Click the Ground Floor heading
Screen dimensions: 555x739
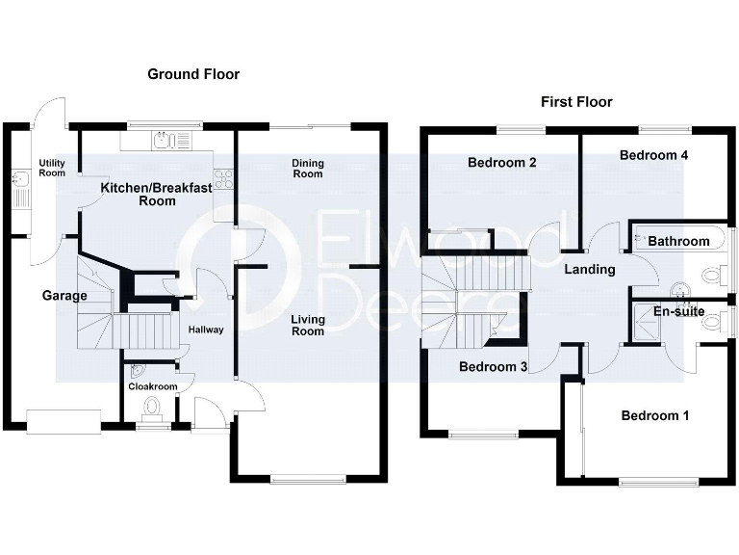pos(193,74)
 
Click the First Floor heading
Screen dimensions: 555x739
pos(576,102)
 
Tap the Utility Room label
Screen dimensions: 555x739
pos(52,168)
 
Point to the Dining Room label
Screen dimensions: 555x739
pos(308,169)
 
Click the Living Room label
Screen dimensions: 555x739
pos(309,325)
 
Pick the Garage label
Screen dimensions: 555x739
pos(64,296)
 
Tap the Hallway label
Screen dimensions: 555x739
pos(206,330)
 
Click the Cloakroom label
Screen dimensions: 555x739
pos(153,386)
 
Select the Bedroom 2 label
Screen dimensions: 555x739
pos(501,163)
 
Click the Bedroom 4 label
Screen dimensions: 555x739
pos(653,155)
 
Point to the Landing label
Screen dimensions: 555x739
pos(589,270)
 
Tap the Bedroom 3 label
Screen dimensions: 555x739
pos(493,367)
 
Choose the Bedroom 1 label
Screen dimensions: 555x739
pos(655,416)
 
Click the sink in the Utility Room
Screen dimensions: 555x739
pos(19,178)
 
